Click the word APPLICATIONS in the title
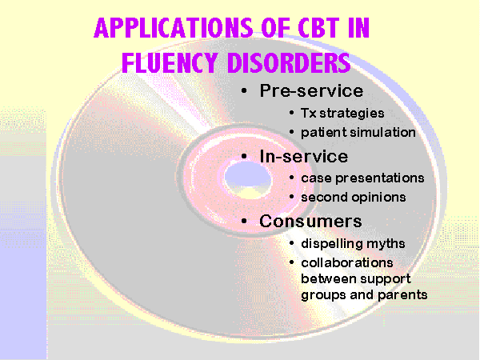coord(174,27)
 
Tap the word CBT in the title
coord(318,27)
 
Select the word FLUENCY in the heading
coord(170,62)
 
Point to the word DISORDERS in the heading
coord(289,62)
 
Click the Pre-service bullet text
coord(311,91)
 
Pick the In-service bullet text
coord(304,157)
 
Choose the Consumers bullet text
coord(310,221)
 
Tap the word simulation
coord(382,132)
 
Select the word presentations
coord(379,178)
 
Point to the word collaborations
coord(347,262)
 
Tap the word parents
coord(402,295)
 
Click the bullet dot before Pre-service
coord(244,91)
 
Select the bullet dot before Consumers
coord(244,221)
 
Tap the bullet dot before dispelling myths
coord(291,243)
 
